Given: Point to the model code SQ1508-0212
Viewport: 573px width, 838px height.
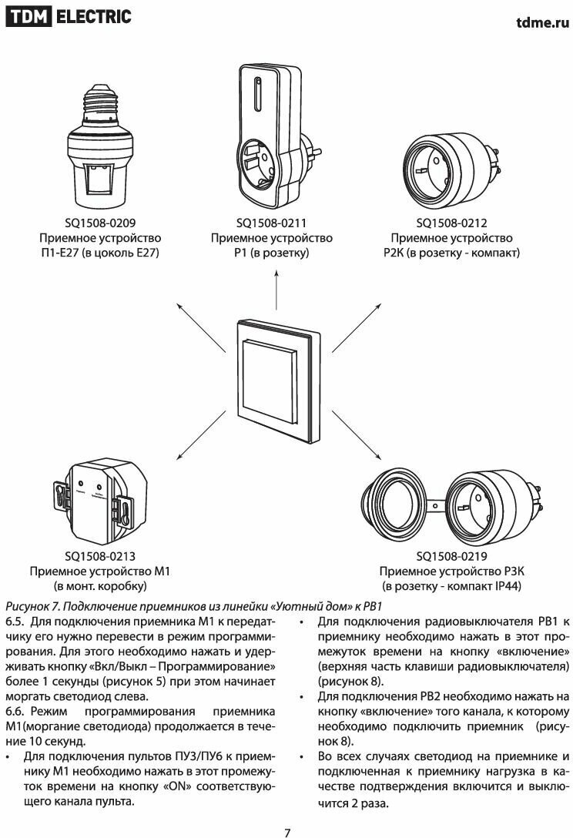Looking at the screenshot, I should pos(451,223).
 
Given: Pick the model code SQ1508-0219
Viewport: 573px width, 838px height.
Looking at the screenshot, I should pos(451,556).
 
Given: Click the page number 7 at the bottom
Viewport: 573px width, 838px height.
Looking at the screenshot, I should pos(287,831).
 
